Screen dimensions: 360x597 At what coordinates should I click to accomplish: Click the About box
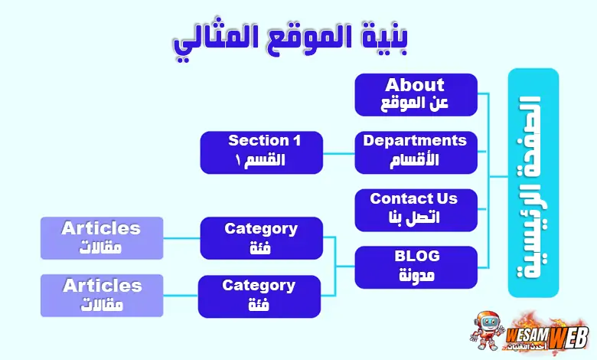pos(416,94)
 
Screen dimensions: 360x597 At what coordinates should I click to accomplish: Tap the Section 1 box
pos(261,152)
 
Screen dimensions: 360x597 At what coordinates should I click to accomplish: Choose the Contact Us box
pos(416,208)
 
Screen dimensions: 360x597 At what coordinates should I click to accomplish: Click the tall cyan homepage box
pos(533,182)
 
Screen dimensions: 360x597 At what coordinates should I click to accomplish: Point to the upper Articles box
pos(102,237)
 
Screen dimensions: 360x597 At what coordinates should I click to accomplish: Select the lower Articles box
pos(102,295)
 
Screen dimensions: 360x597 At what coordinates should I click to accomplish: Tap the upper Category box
pos(261,237)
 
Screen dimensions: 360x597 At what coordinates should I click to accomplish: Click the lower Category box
pos(259,296)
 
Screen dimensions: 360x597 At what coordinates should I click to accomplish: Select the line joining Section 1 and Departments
pos(338,152)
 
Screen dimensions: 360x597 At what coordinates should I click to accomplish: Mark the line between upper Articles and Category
pos(181,237)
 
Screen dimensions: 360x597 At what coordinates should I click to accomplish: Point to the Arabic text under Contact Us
pos(416,218)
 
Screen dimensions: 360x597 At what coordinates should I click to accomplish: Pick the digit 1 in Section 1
pos(296,141)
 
